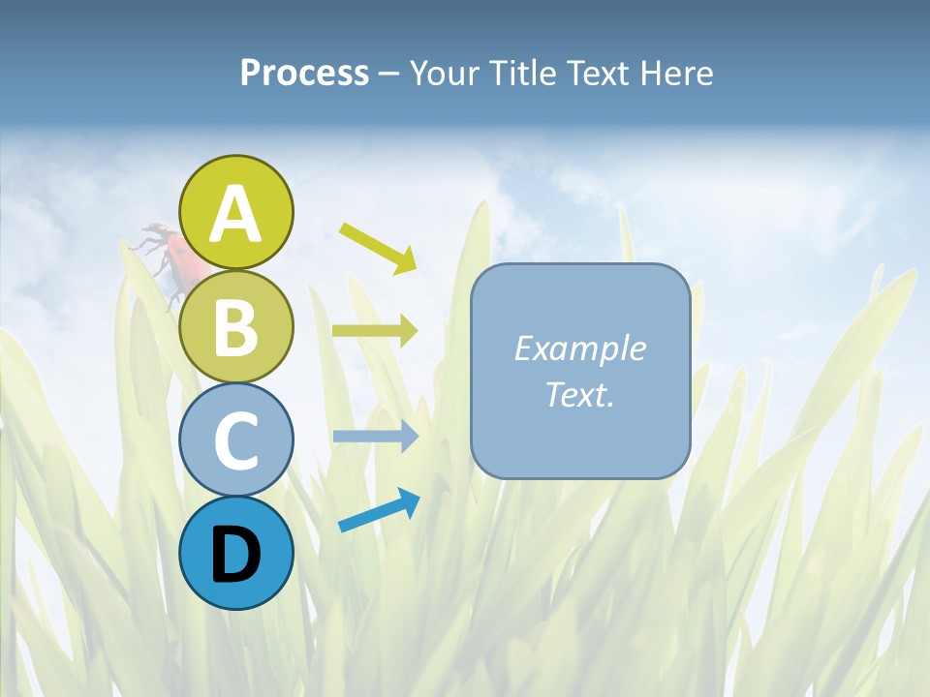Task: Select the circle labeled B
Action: [236, 326]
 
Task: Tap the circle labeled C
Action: [236, 440]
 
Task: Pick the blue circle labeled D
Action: [236, 554]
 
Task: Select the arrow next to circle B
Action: [375, 331]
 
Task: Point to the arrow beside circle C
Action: [375, 437]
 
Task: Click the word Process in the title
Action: [304, 73]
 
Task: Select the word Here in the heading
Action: [677, 73]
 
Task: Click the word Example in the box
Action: [579, 348]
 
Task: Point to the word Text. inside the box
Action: [579, 394]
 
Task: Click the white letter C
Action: [237, 441]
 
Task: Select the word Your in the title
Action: [443, 73]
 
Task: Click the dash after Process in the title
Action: [389, 74]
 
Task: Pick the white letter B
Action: [236, 327]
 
